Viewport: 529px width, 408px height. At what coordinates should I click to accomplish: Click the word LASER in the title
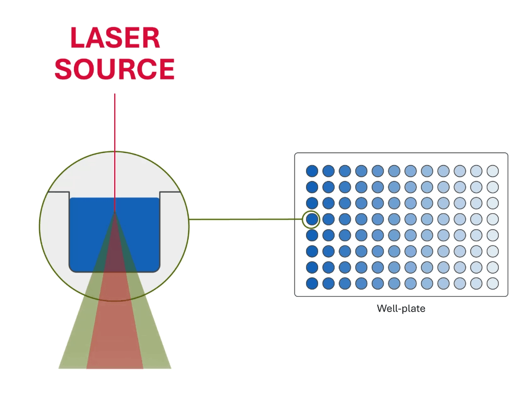115,38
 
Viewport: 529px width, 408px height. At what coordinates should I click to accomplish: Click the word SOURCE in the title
114,69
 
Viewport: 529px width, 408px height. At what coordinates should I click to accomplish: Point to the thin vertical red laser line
115,143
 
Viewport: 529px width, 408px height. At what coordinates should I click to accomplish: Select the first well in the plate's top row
312,170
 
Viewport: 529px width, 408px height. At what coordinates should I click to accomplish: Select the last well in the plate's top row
493,170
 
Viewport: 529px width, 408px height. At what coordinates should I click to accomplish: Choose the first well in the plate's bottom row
312,283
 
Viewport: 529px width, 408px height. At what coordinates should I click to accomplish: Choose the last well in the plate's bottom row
493,283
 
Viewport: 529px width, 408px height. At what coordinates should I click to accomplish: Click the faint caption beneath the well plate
401,309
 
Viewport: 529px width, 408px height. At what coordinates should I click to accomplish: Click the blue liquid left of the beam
87,233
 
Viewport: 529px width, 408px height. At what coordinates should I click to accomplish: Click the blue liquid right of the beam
142,233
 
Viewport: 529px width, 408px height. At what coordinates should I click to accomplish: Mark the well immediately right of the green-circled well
328,218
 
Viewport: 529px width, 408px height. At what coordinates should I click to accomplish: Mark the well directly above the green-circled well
312,202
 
